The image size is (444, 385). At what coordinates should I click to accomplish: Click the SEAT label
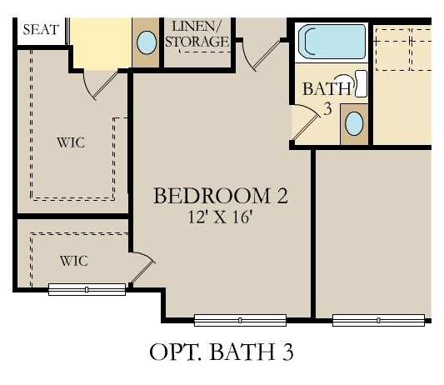41,30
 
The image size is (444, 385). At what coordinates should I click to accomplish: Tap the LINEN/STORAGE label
197,33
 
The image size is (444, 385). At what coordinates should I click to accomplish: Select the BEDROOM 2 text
220,197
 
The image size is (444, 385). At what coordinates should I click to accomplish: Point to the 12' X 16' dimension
220,218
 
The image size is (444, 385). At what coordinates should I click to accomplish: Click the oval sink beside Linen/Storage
147,42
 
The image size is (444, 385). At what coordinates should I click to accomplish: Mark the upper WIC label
71,142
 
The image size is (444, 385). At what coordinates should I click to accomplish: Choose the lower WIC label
73,260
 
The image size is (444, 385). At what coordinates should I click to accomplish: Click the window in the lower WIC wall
87,289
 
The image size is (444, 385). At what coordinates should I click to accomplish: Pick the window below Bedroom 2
240,319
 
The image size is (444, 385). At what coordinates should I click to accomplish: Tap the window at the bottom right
379,319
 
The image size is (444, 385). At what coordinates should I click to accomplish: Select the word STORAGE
198,41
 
